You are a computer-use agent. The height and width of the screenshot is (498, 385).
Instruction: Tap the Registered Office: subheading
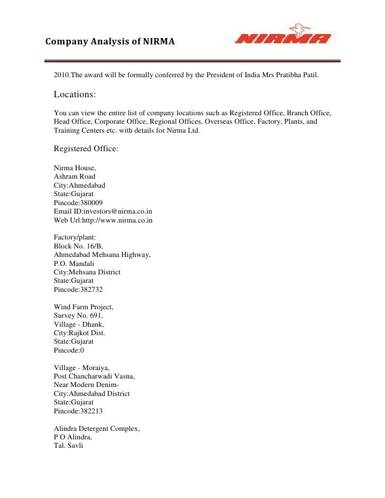tap(86, 149)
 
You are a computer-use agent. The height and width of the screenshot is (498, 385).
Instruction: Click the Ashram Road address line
tap(75, 177)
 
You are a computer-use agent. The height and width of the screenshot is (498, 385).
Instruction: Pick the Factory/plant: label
tap(75, 238)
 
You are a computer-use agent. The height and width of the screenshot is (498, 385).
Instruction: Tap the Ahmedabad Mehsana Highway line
tap(102, 255)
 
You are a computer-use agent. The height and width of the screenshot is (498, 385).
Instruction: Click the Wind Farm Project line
tap(84, 307)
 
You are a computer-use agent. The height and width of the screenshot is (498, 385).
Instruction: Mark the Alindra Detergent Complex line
tap(97, 428)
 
